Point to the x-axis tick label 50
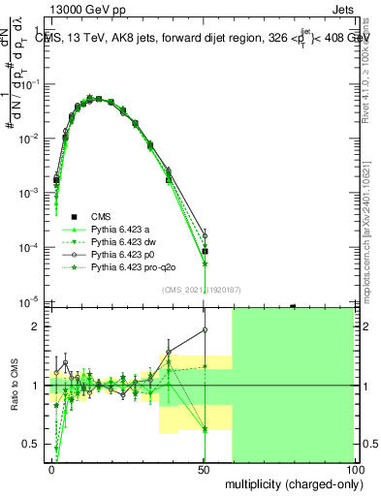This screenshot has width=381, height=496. click(x=204, y=470)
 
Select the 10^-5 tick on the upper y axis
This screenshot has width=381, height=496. click(x=29, y=302)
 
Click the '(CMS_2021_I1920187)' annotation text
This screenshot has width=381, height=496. click(x=201, y=290)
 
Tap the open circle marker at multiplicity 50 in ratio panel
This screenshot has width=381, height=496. click(x=205, y=329)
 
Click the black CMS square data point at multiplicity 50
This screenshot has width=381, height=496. click(x=205, y=252)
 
